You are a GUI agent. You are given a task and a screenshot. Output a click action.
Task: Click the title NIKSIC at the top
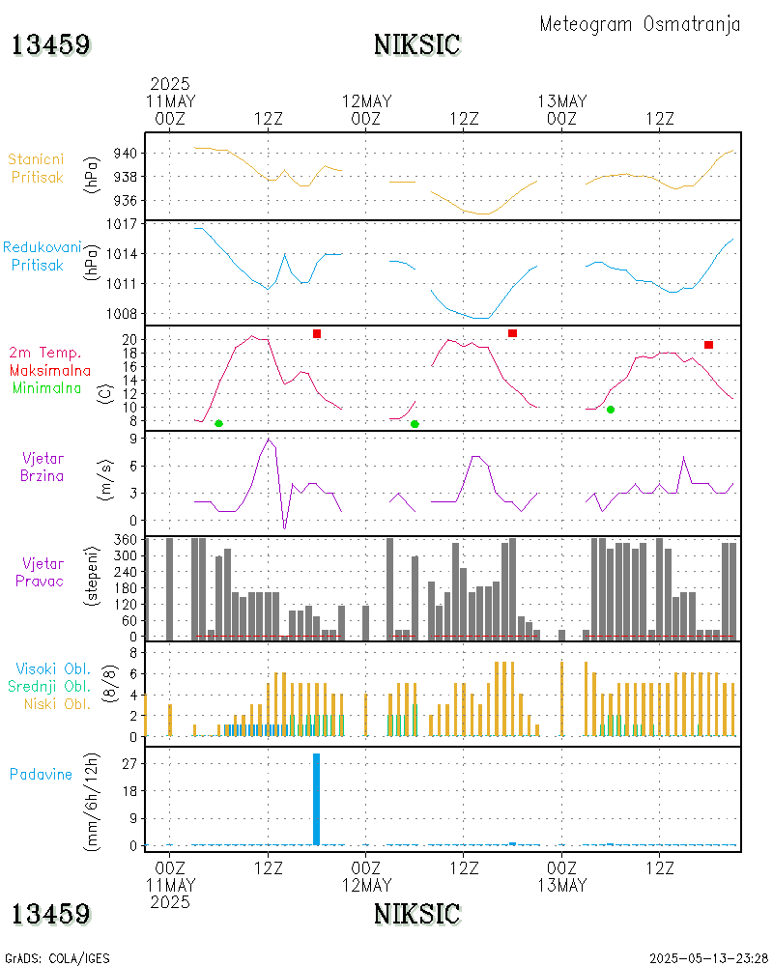416,44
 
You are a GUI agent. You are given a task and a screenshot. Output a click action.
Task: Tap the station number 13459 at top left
51,44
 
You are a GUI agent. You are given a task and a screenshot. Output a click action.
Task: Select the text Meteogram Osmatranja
640,24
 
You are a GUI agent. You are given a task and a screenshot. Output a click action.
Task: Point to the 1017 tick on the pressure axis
124,223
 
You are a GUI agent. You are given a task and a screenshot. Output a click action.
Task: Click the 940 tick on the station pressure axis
127,153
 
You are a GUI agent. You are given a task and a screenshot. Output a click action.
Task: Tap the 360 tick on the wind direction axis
125,539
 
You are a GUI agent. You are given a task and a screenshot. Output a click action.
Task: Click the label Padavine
41,774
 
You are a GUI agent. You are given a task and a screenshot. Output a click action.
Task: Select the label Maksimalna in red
50,370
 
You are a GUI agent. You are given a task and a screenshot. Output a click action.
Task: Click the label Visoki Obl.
52,668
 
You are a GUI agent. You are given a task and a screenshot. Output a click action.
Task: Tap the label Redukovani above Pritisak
42,246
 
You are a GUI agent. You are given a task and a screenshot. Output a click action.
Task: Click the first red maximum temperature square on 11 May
317,333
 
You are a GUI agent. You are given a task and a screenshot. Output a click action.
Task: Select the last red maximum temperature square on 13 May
708,345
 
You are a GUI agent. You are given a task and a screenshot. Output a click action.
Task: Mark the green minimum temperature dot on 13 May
611,410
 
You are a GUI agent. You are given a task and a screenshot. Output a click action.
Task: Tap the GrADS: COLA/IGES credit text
57,958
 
